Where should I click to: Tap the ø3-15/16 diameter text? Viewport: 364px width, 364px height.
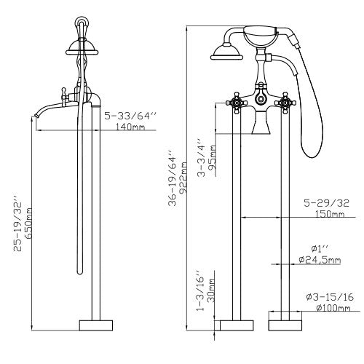(x=328, y=296)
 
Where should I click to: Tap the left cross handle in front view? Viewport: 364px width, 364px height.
(x=237, y=101)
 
